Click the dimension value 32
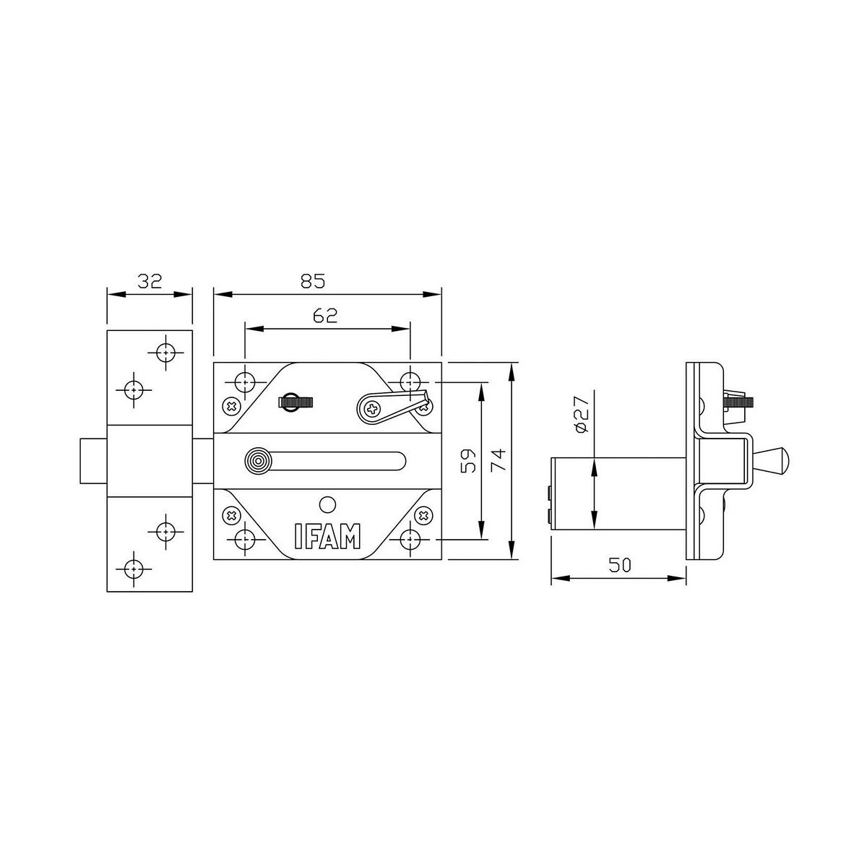click(x=150, y=281)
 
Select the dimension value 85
click(x=313, y=281)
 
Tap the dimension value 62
click(x=327, y=316)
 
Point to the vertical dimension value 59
click(x=467, y=460)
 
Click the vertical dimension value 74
click(x=499, y=460)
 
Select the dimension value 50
click(x=618, y=566)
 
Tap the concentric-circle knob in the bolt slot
click(x=256, y=460)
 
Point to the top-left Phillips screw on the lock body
click(x=231, y=406)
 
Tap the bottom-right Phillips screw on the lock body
click(x=423, y=515)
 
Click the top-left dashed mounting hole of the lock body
click(x=246, y=381)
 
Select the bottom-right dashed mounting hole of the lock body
click(x=410, y=539)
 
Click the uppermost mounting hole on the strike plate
click(x=166, y=353)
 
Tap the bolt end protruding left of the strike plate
click(x=92, y=460)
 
